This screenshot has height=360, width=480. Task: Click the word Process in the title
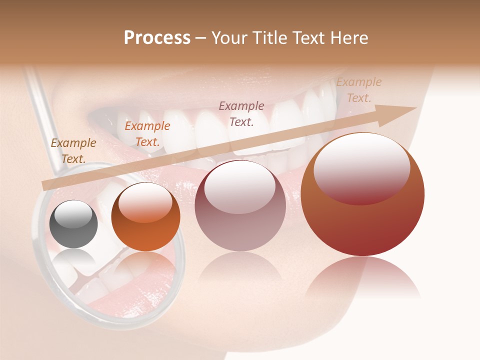[x=157, y=38]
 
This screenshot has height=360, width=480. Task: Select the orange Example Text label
[x=147, y=134]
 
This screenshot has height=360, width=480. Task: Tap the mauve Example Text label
[x=241, y=113]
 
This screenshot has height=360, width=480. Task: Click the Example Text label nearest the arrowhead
[x=359, y=90]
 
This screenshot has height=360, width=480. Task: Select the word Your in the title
[x=228, y=38]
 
